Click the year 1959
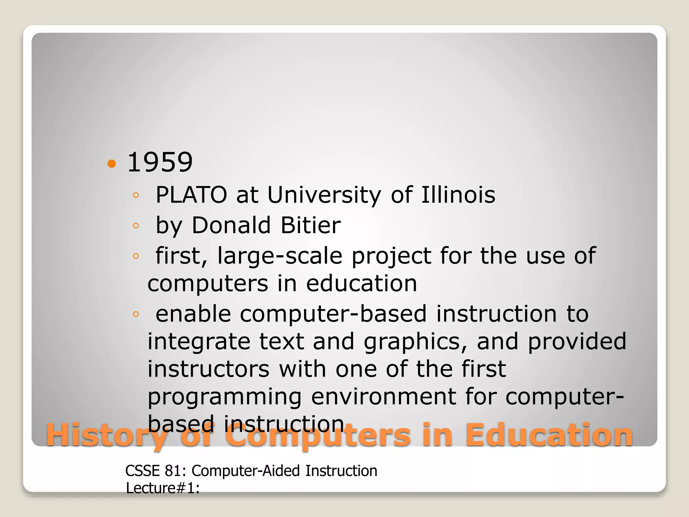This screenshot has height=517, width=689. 160,163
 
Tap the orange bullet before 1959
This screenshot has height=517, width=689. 111,164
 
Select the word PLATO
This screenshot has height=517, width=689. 191,195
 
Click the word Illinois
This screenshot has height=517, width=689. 458,195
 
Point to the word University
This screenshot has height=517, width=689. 324,196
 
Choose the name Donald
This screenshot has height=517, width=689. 231,225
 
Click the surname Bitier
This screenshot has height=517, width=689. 311,225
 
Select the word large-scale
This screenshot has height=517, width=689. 280,256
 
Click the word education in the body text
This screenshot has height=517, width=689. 361,283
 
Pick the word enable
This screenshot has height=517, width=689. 193,314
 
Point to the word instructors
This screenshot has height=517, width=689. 209,369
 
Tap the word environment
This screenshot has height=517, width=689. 384,397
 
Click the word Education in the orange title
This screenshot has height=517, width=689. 549,435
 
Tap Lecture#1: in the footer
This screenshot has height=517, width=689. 163,488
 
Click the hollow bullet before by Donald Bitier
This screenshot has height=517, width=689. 136,226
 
